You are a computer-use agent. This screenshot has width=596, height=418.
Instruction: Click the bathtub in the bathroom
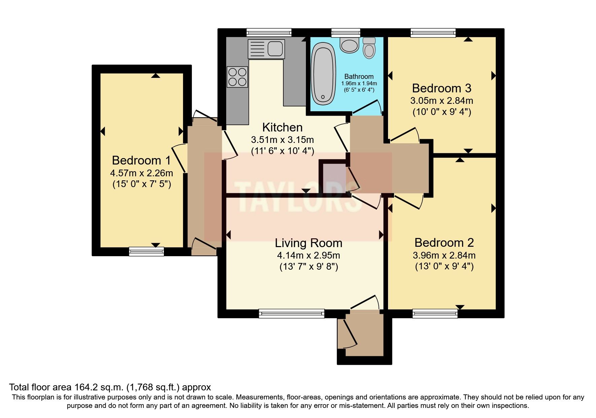pos(323,74)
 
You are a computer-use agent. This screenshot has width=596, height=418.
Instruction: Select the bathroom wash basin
pos(349,45)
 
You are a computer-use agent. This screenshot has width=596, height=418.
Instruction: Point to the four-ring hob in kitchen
pos(237,77)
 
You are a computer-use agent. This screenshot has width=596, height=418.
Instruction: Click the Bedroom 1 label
pos(141,160)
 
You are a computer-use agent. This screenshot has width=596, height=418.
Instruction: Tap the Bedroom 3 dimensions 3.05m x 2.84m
pos(442,100)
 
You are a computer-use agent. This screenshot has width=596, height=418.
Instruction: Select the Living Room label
pos(308,243)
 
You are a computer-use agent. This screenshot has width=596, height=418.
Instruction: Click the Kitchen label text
pos(282,127)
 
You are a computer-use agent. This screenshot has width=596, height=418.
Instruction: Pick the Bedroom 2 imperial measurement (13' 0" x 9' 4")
pos(444,267)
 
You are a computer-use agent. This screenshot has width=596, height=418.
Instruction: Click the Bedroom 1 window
pos(146,251)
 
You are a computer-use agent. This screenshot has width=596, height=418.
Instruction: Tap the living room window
pos(291,313)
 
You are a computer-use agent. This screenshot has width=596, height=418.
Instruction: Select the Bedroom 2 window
pos(435,313)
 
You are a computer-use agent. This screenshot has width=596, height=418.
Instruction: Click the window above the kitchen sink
pos(269,32)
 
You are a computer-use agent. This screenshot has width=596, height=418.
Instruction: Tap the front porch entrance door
pos(350,334)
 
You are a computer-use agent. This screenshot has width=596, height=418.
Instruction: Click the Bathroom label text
pos(359,77)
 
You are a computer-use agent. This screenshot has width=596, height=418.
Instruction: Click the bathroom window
pos(345,32)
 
